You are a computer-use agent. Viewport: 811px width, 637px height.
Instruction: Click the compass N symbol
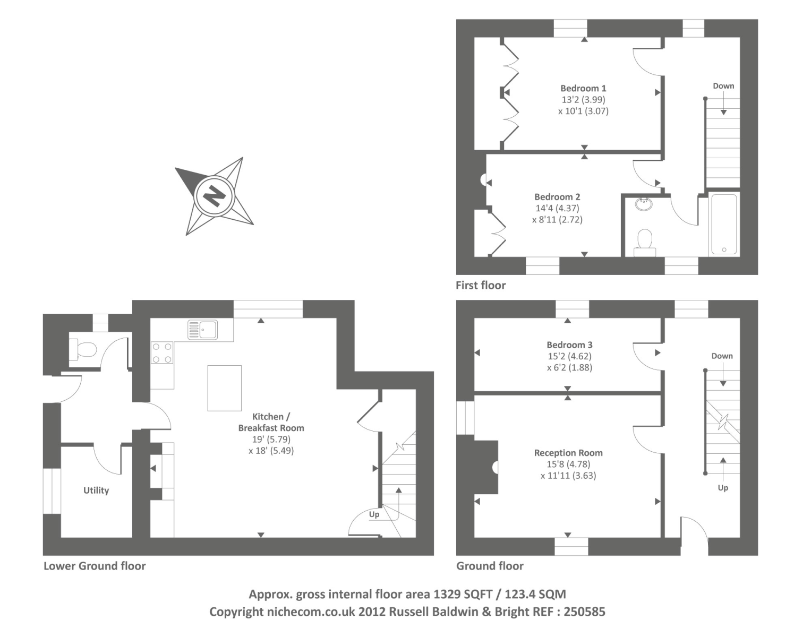(x=215, y=196)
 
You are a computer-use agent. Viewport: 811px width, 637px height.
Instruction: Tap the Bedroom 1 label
(x=583, y=88)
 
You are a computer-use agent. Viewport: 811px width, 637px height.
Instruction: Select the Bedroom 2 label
(x=557, y=197)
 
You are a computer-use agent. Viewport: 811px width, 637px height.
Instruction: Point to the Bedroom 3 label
(x=569, y=345)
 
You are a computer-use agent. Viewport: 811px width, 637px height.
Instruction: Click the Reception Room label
(x=568, y=453)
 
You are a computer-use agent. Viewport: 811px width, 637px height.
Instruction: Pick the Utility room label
(x=96, y=490)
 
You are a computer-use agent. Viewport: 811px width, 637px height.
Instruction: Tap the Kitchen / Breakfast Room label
(x=271, y=422)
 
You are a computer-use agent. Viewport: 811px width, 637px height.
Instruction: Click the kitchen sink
(x=203, y=330)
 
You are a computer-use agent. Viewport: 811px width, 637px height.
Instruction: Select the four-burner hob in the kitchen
(x=162, y=353)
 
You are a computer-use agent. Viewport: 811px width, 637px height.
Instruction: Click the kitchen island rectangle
(x=224, y=388)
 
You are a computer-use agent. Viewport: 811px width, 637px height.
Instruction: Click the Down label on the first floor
(x=723, y=86)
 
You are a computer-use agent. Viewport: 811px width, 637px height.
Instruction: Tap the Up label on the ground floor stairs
(x=723, y=488)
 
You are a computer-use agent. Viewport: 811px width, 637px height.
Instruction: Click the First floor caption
(x=481, y=285)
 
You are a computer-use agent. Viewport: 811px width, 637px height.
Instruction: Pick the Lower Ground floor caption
(x=95, y=566)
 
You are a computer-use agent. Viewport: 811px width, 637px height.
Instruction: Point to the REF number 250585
(x=584, y=612)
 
